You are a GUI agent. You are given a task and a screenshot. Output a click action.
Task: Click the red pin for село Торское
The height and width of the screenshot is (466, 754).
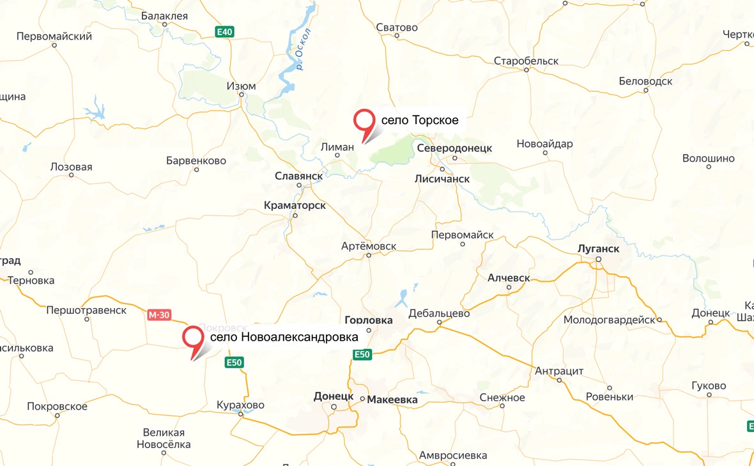[x=365, y=121]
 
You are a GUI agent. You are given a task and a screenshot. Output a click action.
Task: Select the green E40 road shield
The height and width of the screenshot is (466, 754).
[x=225, y=31]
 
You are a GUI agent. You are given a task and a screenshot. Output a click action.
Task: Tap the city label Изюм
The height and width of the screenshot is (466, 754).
[x=242, y=86]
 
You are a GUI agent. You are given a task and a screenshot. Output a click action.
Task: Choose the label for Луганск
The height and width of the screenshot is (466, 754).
[x=598, y=248]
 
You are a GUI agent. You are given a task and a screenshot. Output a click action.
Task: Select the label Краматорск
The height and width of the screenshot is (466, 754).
[x=295, y=205]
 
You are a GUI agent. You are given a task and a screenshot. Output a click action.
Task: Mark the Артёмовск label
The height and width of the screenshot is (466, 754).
[x=369, y=246]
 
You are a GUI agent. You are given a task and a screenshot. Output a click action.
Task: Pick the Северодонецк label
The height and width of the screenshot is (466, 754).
[x=454, y=148]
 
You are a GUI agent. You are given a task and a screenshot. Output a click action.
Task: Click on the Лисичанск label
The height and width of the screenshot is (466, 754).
[x=442, y=179]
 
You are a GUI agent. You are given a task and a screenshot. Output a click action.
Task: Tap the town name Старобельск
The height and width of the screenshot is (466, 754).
[x=526, y=61]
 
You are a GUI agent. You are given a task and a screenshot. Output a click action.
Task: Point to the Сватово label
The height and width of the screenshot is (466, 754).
[x=397, y=27]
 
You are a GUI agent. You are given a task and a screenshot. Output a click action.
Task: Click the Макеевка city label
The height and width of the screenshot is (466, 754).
[x=392, y=400]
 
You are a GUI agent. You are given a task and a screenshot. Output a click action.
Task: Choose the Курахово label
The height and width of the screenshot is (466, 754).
[x=240, y=405]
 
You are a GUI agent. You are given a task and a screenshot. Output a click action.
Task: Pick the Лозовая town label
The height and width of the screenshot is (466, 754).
[x=71, y=167]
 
